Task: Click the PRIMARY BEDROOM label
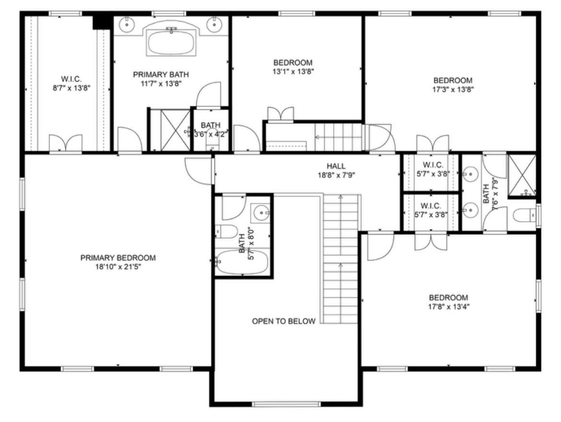click(x=117, y=258)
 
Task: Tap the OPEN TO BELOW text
click(x=284, y=321)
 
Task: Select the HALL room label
click(x=336, y=166)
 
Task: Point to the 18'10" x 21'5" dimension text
click(x=117, y=267)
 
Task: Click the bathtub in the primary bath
click(x=171, y=43)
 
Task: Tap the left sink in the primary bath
click(x=126, y=24)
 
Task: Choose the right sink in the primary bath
click(x=214, y=24)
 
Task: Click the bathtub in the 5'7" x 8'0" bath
click(x=242, y=262)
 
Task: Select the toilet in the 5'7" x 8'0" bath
click(x=226, y=231)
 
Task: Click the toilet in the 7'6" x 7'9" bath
click(x=524, y=216)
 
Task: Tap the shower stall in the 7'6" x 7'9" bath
click(x=522, y=175)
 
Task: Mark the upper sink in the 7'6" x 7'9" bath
click(x=470, y=174)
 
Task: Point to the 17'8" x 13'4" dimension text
click(x=449, y=307)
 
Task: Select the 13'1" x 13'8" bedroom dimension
click(x=293, y=71)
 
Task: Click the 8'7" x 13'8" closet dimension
click(x=71, y=88)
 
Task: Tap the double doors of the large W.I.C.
click(x=66, y=143)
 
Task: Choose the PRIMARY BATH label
click(x=161, y=75)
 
